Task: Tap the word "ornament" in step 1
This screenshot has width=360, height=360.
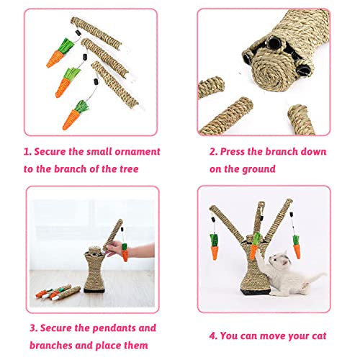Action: coord(135,152)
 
